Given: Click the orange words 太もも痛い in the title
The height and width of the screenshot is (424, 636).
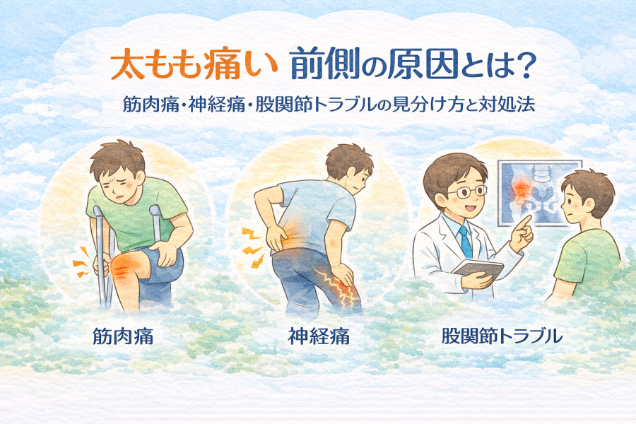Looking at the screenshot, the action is click(x=194, y=66).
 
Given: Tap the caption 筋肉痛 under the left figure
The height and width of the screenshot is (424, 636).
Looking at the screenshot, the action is click(x=123, y=336).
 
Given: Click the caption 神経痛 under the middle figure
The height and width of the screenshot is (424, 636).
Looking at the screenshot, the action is click(x=319, y=336).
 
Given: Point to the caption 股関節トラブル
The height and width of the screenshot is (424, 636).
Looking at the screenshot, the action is click(x=502, y=336).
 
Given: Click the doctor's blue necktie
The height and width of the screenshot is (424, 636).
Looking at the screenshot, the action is click(x=465, y=242).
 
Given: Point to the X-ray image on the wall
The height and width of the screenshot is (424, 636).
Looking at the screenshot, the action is click(x=539, y=193).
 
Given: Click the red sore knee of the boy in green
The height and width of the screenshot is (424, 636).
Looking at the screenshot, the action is click(x=126, y=266).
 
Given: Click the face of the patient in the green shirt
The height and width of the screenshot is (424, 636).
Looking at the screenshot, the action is click(x=571, y=203).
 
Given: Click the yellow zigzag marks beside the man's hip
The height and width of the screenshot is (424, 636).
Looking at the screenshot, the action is click(x=253, y=248).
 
